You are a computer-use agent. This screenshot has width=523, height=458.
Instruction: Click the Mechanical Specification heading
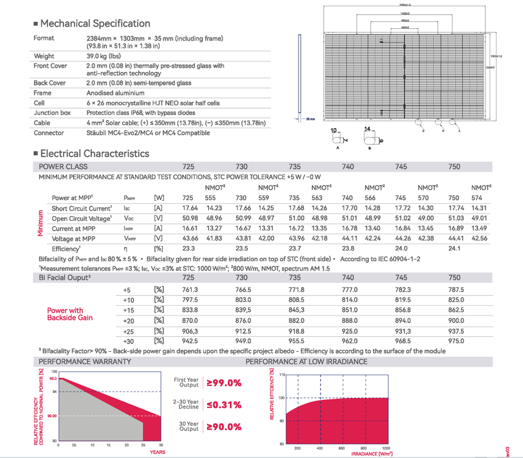[x=95, y=23]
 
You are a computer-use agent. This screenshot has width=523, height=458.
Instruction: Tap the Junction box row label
[x=52, y=113]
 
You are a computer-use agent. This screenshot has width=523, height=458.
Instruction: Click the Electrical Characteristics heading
[x=94, y=154]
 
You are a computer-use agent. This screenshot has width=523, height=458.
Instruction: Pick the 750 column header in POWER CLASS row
[x=454, y=167]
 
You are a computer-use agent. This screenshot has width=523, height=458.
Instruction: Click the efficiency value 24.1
[x=454, y=249]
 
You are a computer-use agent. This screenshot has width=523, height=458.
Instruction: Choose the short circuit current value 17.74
[x=454, y=208]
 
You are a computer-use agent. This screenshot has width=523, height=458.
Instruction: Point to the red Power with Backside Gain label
[x=70, y=314]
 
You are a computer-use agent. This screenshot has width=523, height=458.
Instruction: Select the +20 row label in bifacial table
[x=129, y=321]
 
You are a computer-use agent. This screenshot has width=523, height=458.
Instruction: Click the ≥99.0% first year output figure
[x=223, y=383]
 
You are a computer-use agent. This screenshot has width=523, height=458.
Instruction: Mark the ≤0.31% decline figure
[x=223, y=405]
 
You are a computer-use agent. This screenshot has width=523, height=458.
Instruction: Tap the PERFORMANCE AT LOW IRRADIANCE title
[x=306, y=361]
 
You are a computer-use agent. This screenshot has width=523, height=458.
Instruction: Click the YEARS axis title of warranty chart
[x=157, y=452]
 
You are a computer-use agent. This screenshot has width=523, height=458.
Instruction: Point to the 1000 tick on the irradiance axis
[x=386, y=448]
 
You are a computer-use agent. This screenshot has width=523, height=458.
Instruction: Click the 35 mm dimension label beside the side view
[x=311, y=118]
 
